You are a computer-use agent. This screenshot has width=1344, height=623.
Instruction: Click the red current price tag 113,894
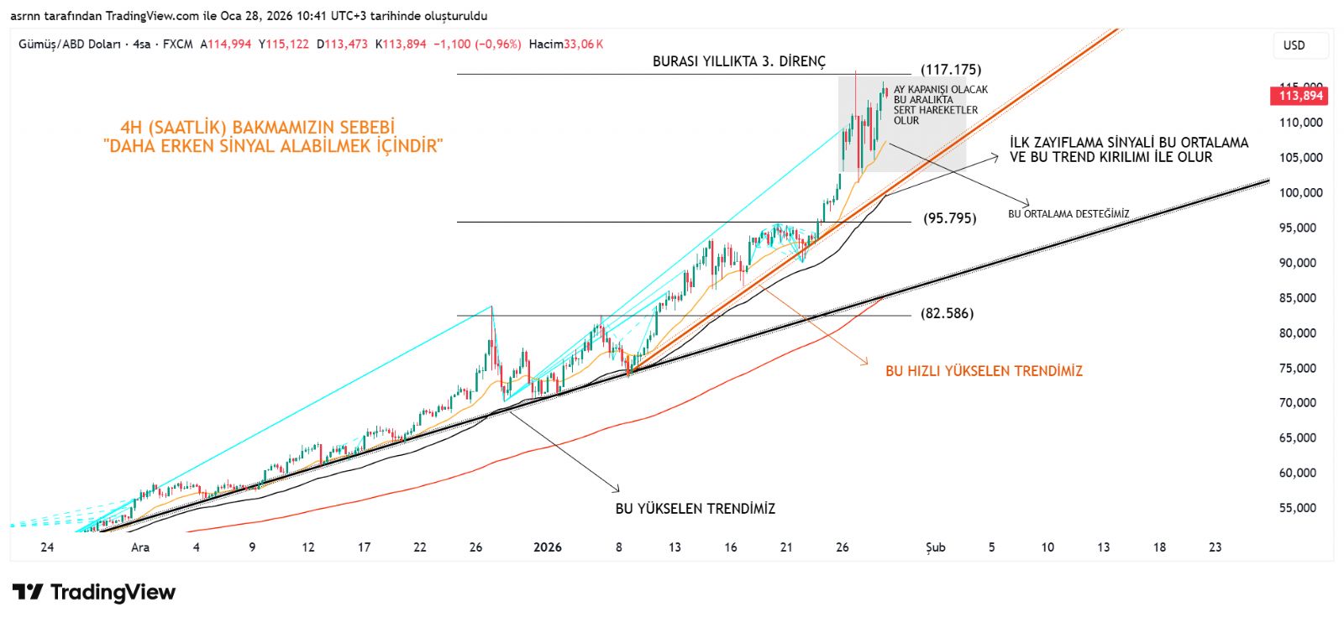(x=1300, y=96)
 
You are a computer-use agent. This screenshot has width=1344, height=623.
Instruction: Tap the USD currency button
(x=1294, y=45)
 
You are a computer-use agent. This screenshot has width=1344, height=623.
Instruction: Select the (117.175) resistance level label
(x=951, y=70)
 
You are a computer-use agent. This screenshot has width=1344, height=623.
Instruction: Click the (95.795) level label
(x=949, y=218)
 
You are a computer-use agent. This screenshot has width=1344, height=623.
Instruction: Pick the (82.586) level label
(x=947, y=313)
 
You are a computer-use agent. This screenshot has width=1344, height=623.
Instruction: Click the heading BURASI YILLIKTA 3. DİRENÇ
(x=739, y=61)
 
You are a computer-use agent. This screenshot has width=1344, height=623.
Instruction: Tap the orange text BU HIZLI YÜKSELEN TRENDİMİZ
(x=984, y=371)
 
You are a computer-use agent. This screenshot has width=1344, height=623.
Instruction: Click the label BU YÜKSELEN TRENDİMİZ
(x=696, y=509)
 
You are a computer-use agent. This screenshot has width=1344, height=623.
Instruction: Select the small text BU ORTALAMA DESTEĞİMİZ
(x=1068, y=214)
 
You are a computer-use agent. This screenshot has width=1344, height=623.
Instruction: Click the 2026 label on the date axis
(x=548, y=547)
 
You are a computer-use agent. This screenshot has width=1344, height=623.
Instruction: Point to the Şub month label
(x=935, y=547)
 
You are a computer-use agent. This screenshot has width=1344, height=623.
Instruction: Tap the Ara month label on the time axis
(x=140, y=547)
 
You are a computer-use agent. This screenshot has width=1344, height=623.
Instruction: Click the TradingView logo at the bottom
(x=94, y=593)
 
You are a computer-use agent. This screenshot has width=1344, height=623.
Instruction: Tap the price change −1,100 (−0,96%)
(x=477, y=44)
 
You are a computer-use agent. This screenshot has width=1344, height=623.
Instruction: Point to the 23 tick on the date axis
(x=1215, y=547)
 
